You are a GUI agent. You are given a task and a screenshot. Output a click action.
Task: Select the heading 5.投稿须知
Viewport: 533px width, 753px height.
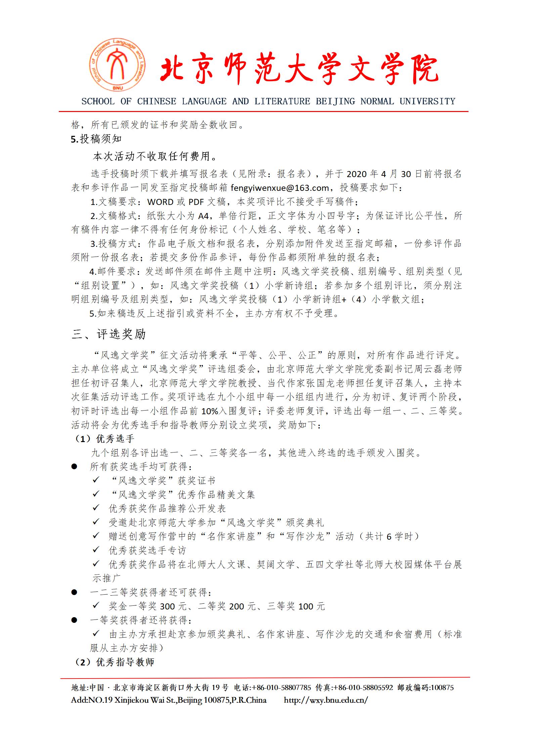[96, 139]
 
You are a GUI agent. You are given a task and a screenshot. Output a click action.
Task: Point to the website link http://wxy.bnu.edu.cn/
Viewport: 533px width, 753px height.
[326, 700]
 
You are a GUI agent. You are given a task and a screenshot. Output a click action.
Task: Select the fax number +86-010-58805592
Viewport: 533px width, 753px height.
[363, 688]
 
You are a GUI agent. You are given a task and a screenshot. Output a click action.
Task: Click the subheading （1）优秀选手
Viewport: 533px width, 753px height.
[104, 439]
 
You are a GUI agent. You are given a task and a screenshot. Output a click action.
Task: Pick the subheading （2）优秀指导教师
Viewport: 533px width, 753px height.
[114, 662]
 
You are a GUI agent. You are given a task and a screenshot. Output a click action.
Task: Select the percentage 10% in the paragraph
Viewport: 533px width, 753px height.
[210, 411]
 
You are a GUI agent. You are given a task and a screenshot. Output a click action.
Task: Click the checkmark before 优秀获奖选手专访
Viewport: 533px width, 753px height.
[96, 549]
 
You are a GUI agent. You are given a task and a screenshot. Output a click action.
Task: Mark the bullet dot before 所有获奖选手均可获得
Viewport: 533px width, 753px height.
[75, 467]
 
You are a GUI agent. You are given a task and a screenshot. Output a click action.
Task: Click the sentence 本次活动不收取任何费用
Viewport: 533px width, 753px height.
[154, 156]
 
